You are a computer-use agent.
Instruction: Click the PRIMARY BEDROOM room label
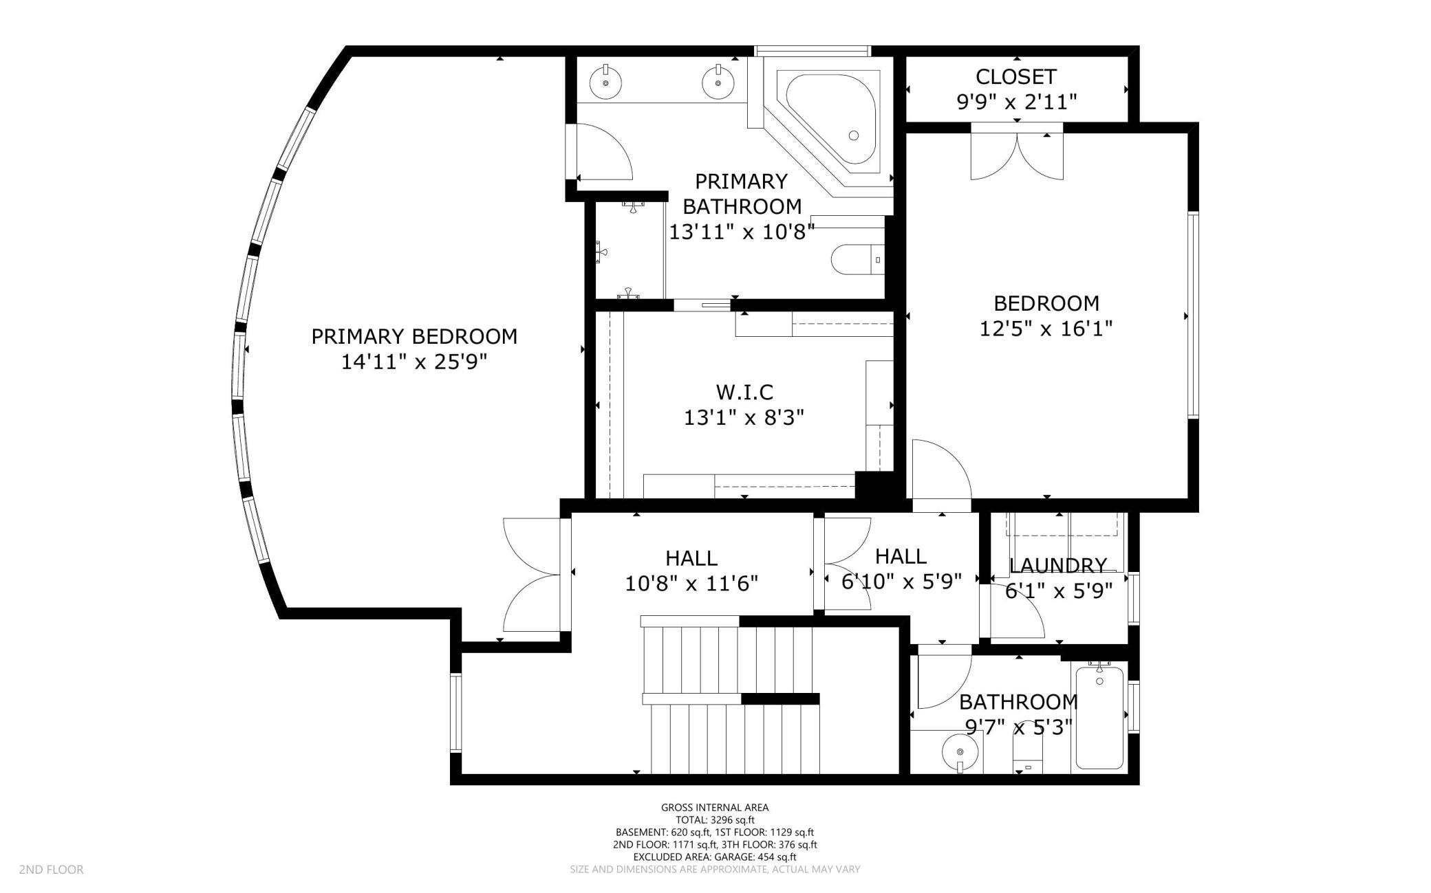coord(414,336)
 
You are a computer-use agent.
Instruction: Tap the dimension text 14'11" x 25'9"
coord(414,362)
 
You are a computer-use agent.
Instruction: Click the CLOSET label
coord(1015,76)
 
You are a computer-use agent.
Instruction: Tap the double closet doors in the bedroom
coord(1017,155)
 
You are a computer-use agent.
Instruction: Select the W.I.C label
coord(744,392)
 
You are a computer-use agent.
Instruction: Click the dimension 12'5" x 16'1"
coord(1046,329)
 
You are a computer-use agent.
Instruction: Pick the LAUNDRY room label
coord(1058,566)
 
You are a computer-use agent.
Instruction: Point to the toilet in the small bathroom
coord(1029,756)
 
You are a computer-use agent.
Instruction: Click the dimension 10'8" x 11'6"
coord(691,584)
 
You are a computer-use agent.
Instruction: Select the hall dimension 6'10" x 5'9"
coord(901,582)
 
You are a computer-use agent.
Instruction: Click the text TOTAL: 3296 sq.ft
coord(715,819)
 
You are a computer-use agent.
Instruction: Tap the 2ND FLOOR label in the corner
coord(52,870)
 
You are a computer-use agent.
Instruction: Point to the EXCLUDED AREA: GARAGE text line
coord(715,857)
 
